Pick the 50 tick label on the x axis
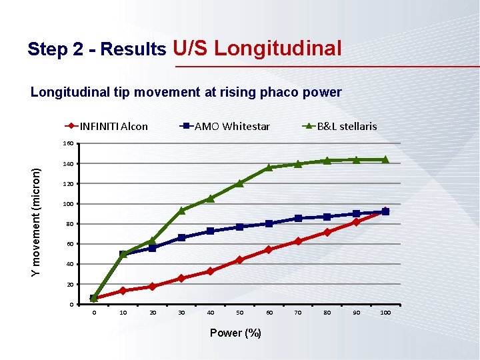tap(239, 313)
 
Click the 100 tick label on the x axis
tap(385, 313)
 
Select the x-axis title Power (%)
tap(235, 333)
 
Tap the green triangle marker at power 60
tap(269, 167)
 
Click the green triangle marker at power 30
tap(181, 210)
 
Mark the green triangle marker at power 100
tap(385, 159)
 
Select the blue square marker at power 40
tap(210, 231)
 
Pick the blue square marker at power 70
tap(298, 218)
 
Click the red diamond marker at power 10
tap(123, 291)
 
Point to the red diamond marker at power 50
tap(239, 259)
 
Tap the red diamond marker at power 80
tap(327, 232)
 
